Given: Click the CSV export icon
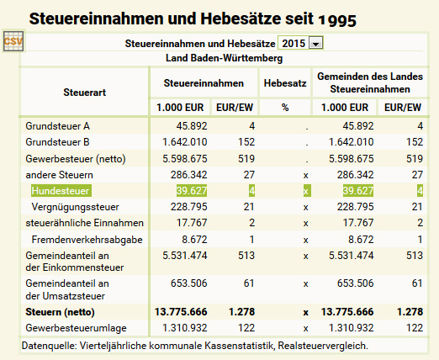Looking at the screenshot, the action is click(13, 41).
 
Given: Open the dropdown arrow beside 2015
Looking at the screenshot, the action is click(316, 44).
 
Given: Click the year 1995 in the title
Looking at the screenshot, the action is click(337, 19).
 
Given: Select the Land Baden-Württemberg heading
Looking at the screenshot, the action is click(224, 58).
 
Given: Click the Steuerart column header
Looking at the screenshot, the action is click(84, 93).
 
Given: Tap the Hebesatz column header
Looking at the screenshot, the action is click(285, 83).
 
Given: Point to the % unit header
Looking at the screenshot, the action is click(285, 108).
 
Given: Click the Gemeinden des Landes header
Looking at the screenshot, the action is click(370, 77).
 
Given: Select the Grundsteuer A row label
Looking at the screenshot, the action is click(57, 126).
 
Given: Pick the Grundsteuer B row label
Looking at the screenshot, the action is click(57, 142).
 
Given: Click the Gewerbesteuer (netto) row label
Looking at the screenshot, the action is click(76, 159).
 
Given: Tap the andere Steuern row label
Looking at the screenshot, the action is click(59, 175).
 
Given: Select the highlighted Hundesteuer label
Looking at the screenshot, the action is click(61, 191).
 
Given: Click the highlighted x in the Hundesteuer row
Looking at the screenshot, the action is click(307, 191).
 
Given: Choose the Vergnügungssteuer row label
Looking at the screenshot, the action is click(75, 207).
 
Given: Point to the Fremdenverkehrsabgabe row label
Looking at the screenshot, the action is click(87, 240).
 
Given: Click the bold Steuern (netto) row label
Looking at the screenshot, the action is click(60, 312).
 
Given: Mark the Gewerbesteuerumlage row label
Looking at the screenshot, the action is click(76, 328).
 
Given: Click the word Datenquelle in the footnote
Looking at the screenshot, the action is click(49, 346).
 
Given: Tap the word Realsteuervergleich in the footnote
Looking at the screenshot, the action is click(323, 346).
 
